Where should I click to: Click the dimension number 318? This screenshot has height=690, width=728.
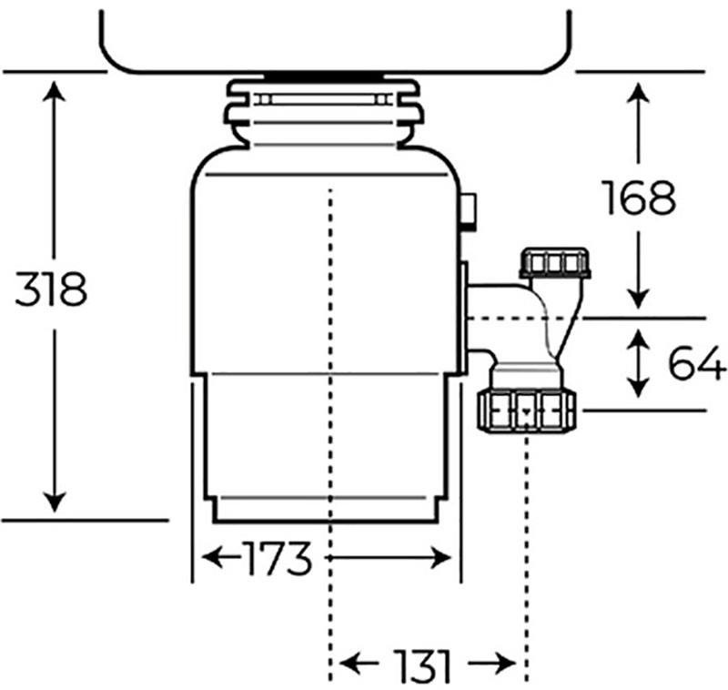click(52, 289)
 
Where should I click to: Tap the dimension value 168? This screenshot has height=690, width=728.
click(640, 198)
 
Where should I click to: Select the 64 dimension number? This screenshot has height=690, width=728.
click(697, 364)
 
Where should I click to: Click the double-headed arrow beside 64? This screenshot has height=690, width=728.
click(640, 364)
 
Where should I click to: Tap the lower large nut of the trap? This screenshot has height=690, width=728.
click(527, 410)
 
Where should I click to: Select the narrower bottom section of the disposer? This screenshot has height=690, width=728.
click(326, 446)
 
